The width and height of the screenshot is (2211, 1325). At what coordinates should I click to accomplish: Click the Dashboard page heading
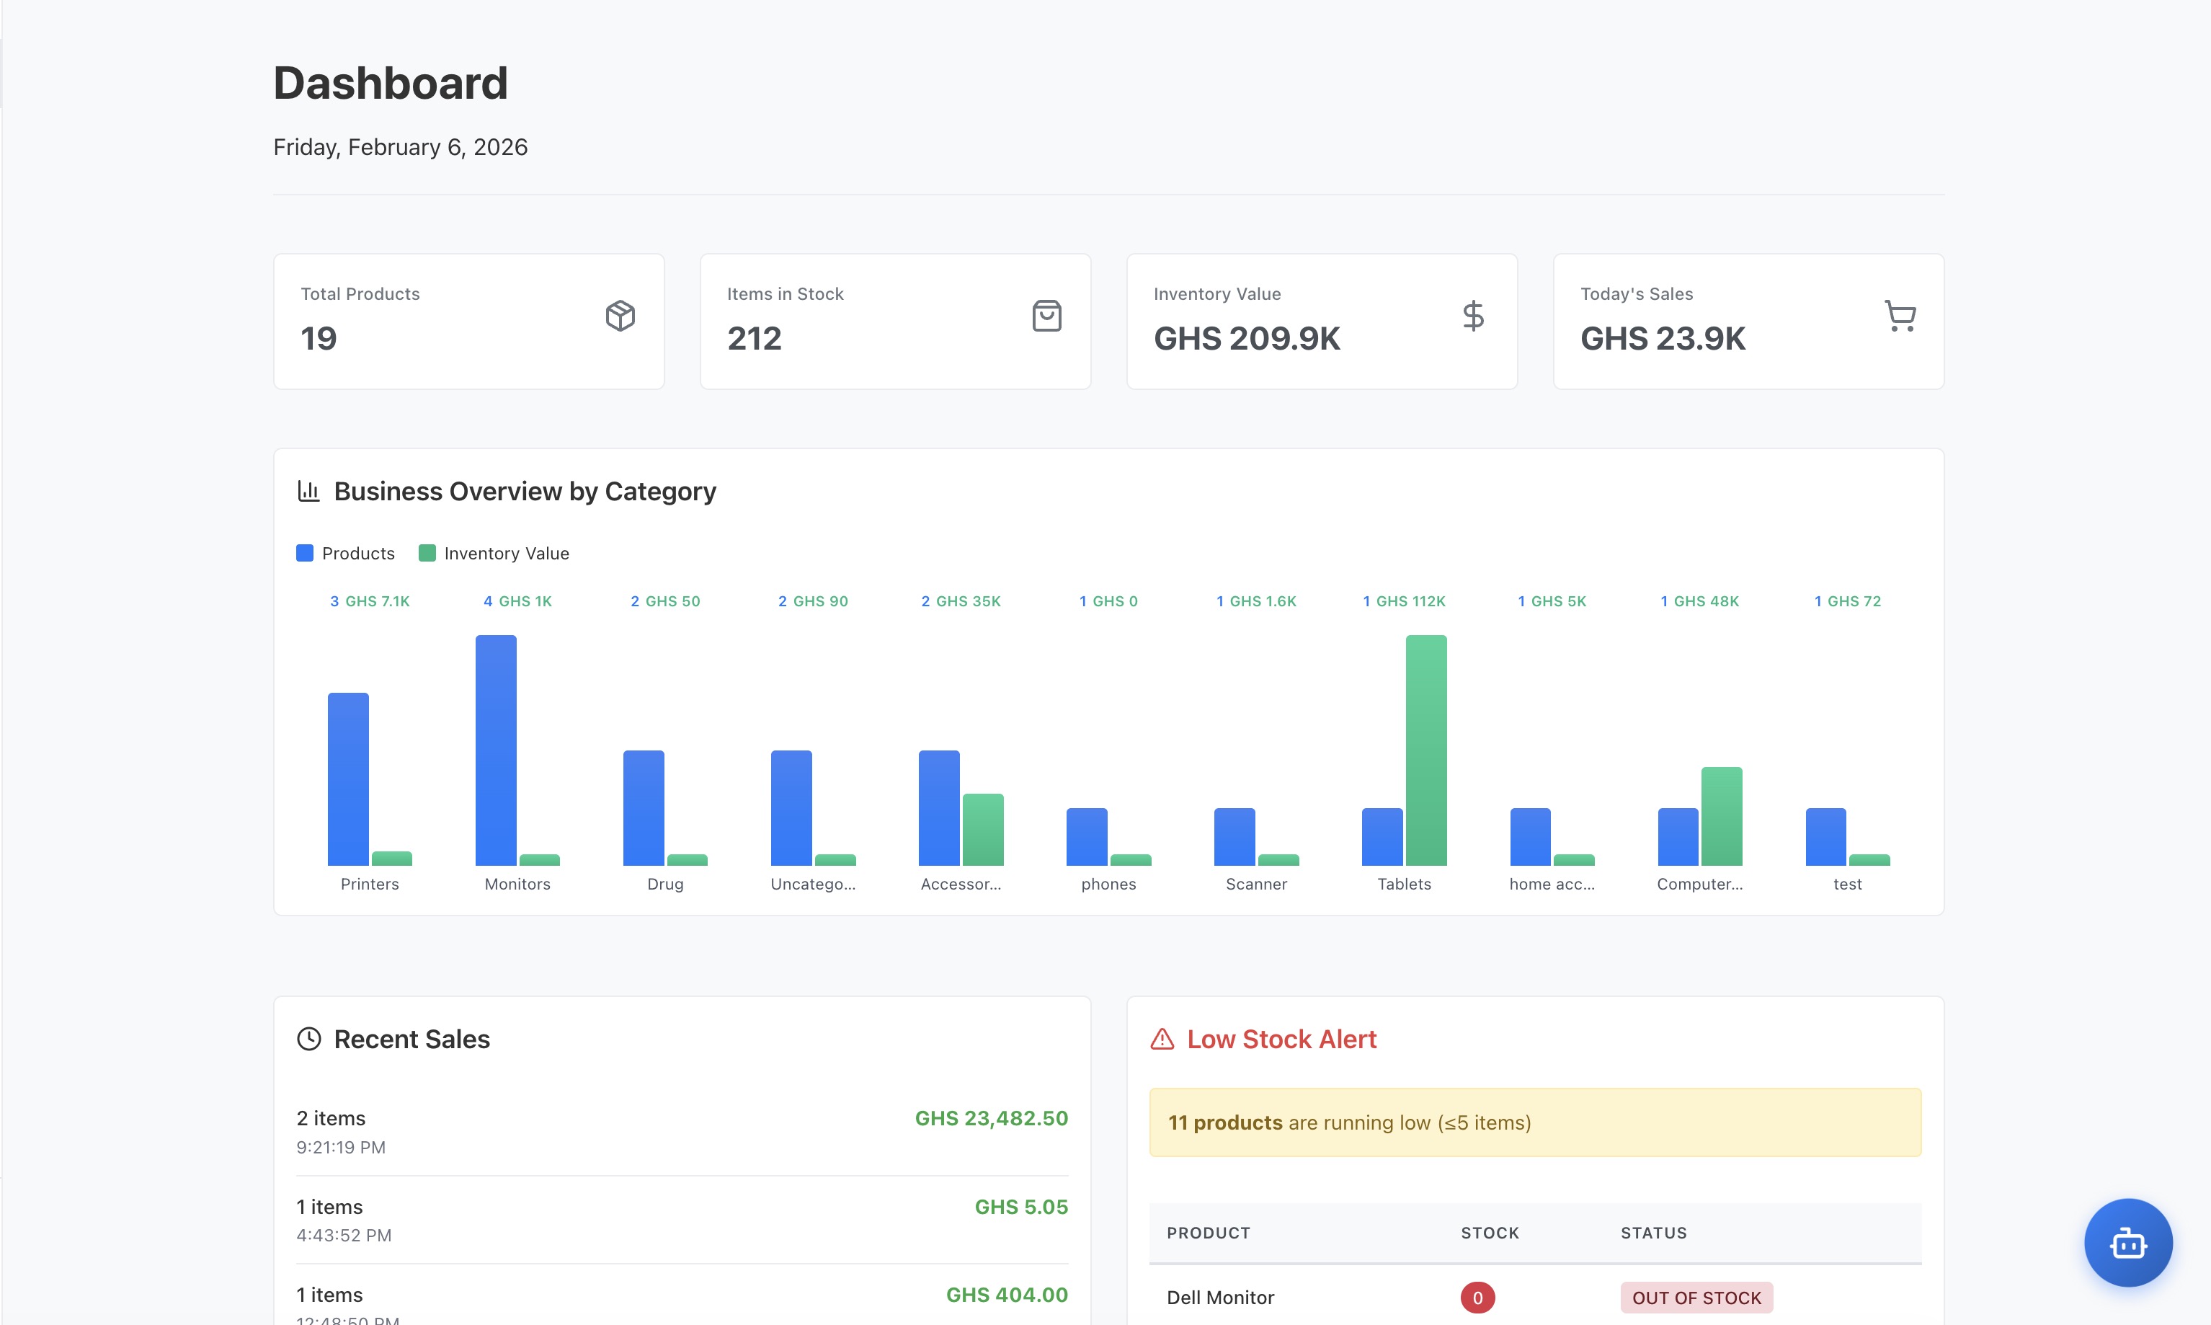tap(390, 84)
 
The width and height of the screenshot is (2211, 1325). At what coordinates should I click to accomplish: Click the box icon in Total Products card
tap(620, 316)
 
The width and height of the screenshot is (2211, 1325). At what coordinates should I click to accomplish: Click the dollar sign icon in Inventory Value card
tap(1473, 316)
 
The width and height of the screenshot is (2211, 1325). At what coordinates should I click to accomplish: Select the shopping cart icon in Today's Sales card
tap(1900, 316)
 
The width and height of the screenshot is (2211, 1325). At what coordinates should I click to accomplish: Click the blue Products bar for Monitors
tap(495, 750)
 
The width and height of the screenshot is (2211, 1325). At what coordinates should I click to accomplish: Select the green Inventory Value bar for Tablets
tap(1425, 750)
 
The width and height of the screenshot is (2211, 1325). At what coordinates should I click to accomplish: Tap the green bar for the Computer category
tap(1721, 816)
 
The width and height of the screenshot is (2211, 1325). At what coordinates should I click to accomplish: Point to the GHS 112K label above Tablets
tap(1410, 602)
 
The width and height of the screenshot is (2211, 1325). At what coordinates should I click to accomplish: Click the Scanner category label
tap(1256, 884)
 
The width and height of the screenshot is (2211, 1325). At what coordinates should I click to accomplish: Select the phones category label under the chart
tap(1108, 884)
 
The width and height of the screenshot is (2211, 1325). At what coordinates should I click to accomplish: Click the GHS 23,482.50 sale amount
tap(991, 1119)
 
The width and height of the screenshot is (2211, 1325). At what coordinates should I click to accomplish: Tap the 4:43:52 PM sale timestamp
tap(344, 1236)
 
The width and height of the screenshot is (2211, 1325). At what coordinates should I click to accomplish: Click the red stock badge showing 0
tap(1477, 1298)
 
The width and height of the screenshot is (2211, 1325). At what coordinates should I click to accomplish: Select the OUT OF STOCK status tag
tap(1696, 1298)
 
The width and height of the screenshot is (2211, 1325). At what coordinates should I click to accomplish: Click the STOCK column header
tap(1489, 1233)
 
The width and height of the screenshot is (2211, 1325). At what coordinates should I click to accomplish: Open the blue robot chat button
tap(2127, 1243)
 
